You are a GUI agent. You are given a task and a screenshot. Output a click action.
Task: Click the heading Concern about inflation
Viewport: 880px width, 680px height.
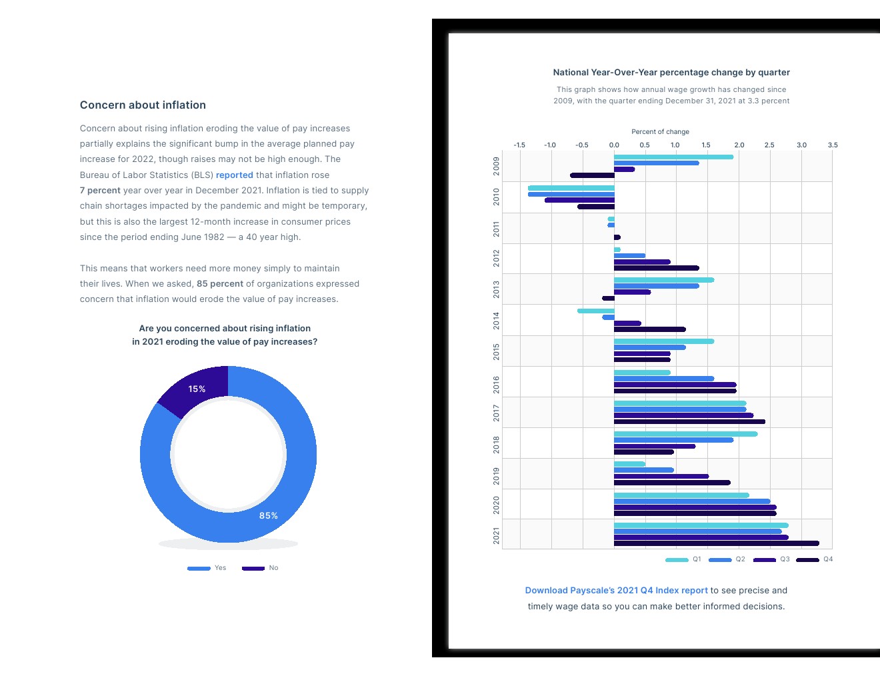coord(143,105)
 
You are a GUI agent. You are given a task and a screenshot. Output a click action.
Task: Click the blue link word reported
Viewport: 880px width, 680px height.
coord(234,175)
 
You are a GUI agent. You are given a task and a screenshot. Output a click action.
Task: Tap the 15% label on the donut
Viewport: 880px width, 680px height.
coord(197,389)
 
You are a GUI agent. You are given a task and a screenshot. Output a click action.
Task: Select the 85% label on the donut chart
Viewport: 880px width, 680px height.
coord(269,516)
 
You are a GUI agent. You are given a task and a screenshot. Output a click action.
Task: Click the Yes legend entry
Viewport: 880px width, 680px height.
coord(207,568)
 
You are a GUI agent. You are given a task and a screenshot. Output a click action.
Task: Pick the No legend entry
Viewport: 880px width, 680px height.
coord(261,568)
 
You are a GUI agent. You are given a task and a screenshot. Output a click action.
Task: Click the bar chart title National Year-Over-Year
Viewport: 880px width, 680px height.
coord(671,73)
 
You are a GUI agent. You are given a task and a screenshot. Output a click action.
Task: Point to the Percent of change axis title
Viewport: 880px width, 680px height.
coord(660,132)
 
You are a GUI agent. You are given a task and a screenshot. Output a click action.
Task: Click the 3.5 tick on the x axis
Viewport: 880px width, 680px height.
coord(833,145)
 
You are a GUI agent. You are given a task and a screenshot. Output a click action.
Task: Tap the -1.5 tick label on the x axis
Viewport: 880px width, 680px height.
coord(519,145)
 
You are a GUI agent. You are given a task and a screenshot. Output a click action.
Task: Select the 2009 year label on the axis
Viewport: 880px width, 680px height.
coord(496,166)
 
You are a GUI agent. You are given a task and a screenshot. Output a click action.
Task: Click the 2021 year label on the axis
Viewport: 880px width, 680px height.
coord(496,535)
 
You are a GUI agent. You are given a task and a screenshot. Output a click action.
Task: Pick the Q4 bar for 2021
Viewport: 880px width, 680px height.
coord(716,543)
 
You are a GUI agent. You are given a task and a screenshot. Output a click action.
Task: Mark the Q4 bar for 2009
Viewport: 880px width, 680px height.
coord(592,175)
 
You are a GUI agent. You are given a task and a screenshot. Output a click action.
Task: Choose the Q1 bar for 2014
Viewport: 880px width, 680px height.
coord(595,311)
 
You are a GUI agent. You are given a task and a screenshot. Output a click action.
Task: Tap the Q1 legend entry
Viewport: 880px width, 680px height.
coord(684,560)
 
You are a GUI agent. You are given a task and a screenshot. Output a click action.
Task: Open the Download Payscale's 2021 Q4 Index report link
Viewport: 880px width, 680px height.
coord(616,591)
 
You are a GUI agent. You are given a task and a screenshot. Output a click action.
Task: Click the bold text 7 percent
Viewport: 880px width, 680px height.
coord(100,191)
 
